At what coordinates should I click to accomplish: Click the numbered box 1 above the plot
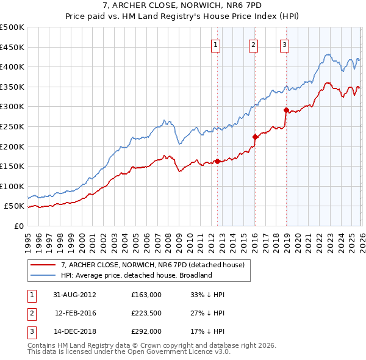pos(217,43)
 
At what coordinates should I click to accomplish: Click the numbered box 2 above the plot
pos(253,43)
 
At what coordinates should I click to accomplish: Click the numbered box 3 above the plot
pos(285,43)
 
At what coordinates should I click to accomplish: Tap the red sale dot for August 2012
pos(217,161)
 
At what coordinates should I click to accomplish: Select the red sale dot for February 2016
pos(255,137)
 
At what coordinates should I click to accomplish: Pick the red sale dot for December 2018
pos(286,110)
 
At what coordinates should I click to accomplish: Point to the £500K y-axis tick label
pos(12,27)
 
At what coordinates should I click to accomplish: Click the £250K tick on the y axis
pos(12,126)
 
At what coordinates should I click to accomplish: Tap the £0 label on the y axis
pos(18,226)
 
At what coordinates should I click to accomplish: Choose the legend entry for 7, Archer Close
pos(152,265)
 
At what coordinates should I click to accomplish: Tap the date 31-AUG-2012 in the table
pos(74,295)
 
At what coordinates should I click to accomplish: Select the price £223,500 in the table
pos(146,313)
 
